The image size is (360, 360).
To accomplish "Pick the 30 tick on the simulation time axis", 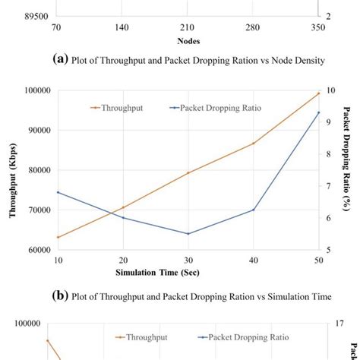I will tap(188, 261).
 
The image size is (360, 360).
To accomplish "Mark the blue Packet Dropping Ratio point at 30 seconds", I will tap(188, 234).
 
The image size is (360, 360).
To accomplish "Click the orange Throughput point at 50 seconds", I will tap(319, 93).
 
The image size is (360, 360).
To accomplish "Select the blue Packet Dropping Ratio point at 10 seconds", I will tap(58, 192).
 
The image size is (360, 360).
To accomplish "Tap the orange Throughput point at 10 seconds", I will tap(58, 237).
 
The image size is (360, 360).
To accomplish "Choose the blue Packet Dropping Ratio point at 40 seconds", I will tap(254, 210).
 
